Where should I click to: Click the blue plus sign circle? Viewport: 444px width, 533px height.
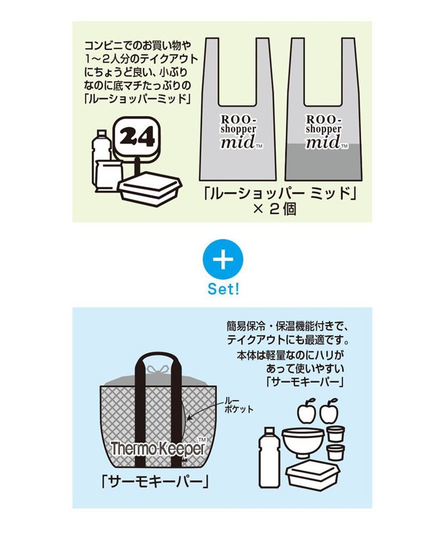click(x=222, y=260)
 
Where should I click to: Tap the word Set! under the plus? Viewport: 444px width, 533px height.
click(x=223, y=290)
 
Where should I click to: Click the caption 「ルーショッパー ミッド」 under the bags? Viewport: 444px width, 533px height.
click(x=273, y=194)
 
